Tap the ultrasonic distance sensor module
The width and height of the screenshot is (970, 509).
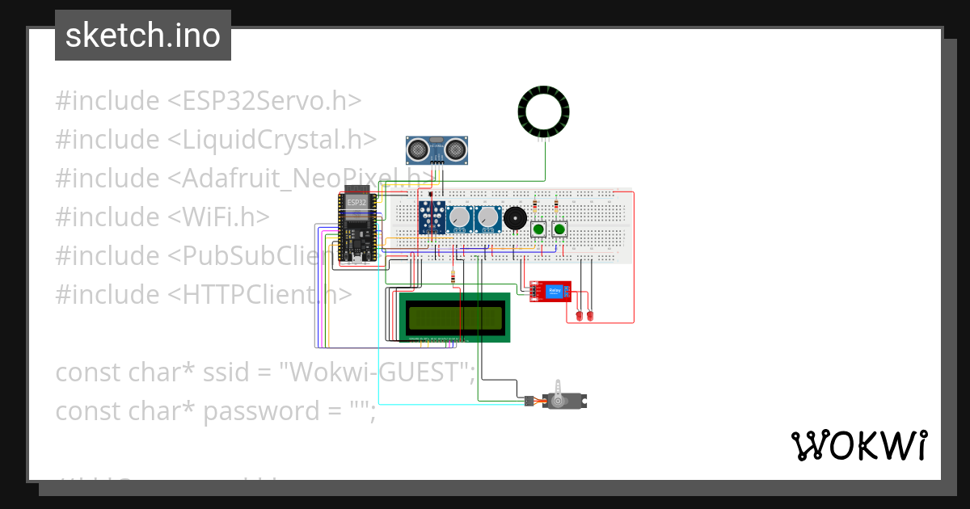click(436, 149)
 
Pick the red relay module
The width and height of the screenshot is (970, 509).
click(550, 292)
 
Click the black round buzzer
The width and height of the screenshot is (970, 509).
click(513, 218)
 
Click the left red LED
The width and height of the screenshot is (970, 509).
click(579, 313)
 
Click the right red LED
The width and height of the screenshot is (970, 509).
click(590, 313)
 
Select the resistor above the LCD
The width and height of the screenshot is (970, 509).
click(453, 278)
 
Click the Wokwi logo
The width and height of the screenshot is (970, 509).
click(858, 445)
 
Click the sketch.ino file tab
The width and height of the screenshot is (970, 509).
click(143, 36)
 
